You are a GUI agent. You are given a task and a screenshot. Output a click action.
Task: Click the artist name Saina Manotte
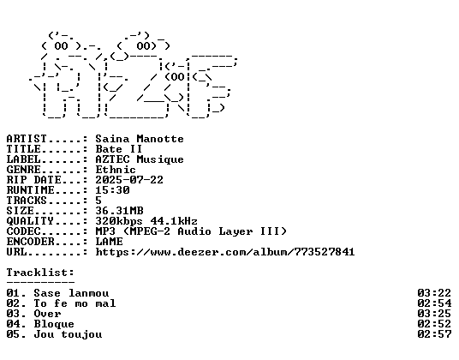[x=140, y=139]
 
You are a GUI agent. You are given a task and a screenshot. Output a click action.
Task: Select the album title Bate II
[x=119, y=149]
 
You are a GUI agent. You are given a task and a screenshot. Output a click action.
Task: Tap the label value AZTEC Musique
[x=140, y=159]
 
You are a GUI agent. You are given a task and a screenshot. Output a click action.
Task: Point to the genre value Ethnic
[x=116, y=170]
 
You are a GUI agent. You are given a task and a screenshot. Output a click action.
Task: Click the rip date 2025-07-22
[x=129, y=179]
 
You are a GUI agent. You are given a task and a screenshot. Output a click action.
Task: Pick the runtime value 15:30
[x=112, y=189]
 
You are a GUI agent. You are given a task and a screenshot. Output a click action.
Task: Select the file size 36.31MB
[x=119, y=211]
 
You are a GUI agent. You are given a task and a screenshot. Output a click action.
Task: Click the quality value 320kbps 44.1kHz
[x=146, y=221]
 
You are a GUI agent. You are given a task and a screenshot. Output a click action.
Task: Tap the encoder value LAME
[x=110, y=242]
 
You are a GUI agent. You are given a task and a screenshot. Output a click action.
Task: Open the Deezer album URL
[x=225, y=252]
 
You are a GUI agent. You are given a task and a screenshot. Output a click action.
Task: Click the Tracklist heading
[x=40, y=273]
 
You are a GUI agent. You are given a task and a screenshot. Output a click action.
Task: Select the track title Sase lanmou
[x=71, y=293]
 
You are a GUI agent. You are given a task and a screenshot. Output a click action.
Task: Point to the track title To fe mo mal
[x=75, y=303]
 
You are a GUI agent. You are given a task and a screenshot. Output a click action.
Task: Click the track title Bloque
[x=54, y=324]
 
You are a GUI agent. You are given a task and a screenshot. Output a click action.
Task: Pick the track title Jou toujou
[x=68, y=334]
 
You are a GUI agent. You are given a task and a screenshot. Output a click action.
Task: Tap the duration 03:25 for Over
[x=434, y=314]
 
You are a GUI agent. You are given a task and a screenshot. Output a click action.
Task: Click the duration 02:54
[x=434, y=303]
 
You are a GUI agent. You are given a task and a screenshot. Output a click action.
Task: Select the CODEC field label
[x=23, y=231]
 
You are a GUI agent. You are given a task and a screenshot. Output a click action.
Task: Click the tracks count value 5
[x=98, y=201]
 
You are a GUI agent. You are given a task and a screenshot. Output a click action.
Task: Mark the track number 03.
[x=13, y=314]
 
